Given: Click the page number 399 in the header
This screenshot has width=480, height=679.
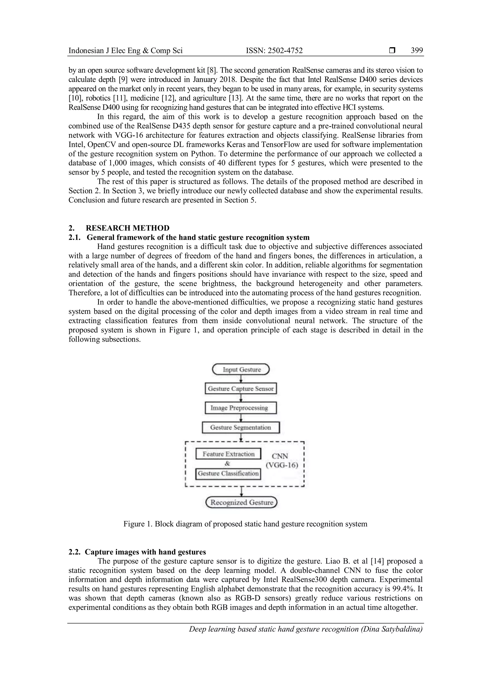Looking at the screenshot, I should tap(417, 51).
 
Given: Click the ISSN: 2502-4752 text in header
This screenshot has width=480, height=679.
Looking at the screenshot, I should tap(274, 51).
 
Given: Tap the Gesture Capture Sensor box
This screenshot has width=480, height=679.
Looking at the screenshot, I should tap(241, 389).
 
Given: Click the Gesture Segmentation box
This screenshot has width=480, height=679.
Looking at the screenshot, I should tap(241, 427).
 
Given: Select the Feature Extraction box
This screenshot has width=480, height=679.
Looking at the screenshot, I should tap(229, 454).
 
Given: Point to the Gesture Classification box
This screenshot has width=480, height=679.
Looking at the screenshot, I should tap(228, 473).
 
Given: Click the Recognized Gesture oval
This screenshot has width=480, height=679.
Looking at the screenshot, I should tap(241, 502).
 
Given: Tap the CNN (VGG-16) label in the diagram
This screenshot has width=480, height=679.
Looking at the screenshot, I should tap(282, 461).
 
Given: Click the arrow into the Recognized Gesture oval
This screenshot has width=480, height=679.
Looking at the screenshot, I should tap(242, 492).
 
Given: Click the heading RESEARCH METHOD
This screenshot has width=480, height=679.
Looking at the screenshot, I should tap(127, 228).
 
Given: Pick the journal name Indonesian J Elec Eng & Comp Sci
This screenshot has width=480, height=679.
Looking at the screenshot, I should tap(125, 51).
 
